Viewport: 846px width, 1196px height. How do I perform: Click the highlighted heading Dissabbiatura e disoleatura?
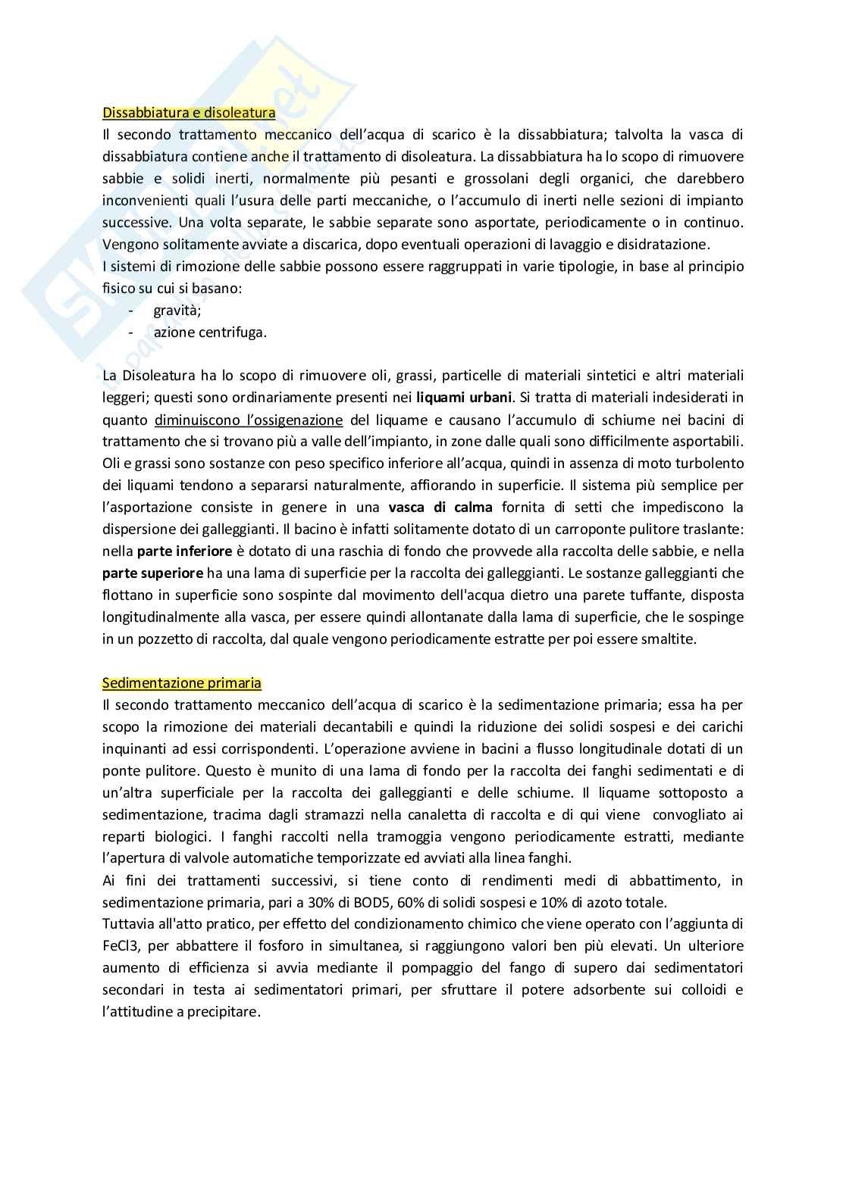(x=189, y=113)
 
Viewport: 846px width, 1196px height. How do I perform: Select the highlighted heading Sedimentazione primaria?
(x=182, y=683)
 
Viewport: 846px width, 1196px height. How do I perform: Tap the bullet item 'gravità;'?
(x=177, y=310)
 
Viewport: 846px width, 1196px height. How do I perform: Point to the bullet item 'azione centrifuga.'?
(x=210, y=332)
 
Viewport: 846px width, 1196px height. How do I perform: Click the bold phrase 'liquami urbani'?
(x=465, y=397)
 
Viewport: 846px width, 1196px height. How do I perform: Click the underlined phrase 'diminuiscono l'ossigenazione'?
(x=249, y=419)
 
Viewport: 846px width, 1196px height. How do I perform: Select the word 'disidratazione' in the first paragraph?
(x=664, y=244)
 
